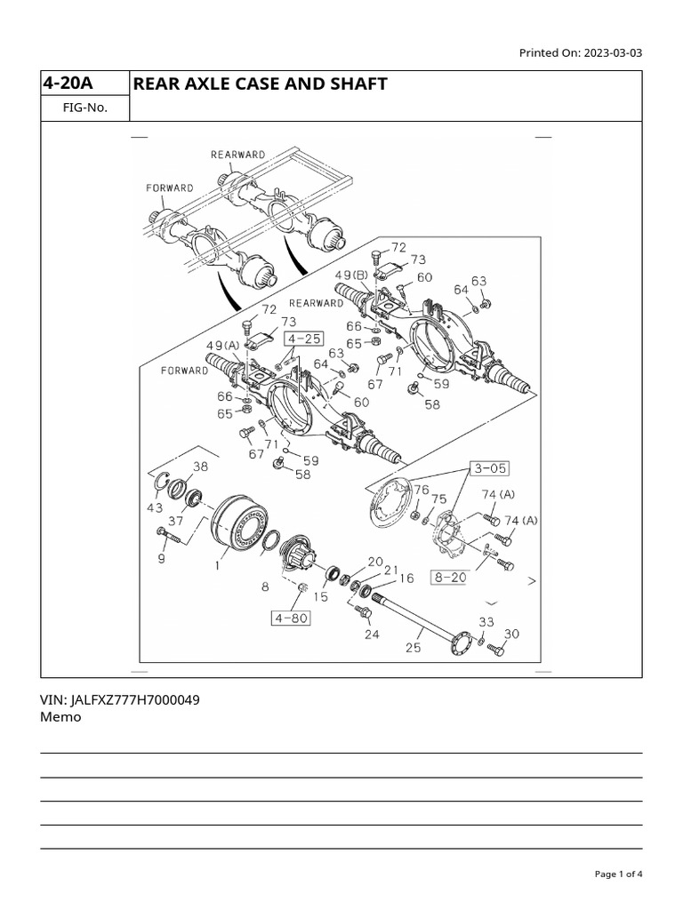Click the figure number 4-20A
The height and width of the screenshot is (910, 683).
(68, 84)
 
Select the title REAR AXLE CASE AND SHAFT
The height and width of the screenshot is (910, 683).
(260, 84)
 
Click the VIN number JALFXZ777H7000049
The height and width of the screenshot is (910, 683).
(120, 699)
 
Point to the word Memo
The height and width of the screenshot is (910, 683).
(60, 717)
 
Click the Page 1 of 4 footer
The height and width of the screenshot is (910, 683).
(617, 874)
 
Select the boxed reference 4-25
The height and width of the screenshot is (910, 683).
(304, 339)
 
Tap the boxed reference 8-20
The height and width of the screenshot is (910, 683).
(450, 577)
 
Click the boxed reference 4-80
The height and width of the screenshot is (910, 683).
(291, 617)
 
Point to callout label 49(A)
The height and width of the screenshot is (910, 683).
(223, 346)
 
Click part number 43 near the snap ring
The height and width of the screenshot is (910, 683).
(156, 507)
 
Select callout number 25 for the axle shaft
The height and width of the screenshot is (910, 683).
(413, 648)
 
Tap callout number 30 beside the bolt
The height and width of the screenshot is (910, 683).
(511, 634)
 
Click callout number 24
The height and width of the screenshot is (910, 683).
(371, 635)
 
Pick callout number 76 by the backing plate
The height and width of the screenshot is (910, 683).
(421, 490)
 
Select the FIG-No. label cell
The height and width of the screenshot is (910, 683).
(84, 108)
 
